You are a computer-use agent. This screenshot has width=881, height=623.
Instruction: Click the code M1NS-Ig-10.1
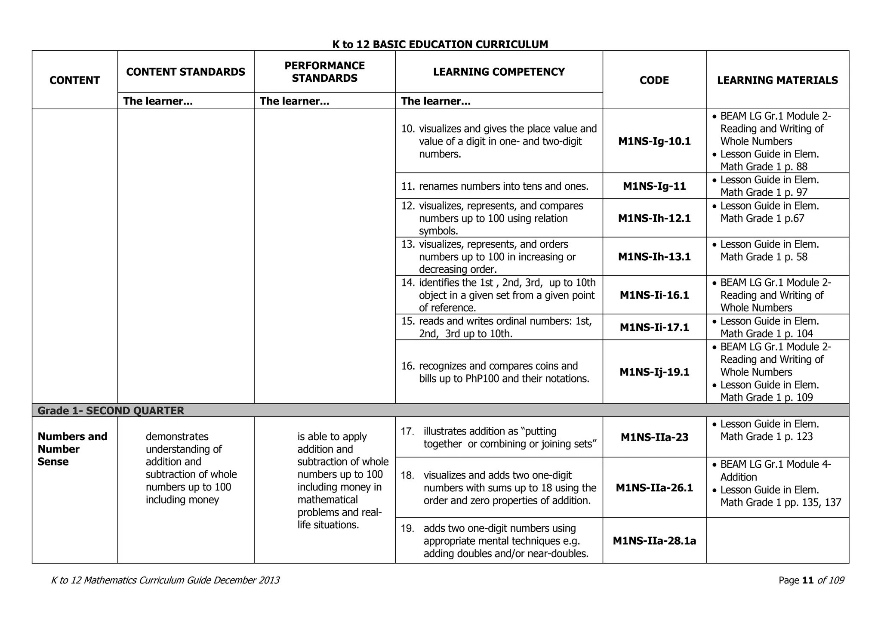tap(654, 141)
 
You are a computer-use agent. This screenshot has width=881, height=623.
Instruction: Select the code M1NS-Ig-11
tap(654, 186)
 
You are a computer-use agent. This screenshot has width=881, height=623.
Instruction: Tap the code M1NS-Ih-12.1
tap(654, 218)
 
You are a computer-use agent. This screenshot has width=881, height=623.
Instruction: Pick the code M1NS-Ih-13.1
tap(654, 257)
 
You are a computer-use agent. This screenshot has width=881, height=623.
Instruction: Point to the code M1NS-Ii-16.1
tap(654, 295)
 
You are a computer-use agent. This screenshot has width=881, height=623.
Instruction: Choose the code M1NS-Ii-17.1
tap(654, 327)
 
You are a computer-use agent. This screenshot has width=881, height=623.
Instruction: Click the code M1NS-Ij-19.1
tap(654, 372)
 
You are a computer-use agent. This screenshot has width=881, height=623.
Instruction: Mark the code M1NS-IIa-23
tap(654, 438)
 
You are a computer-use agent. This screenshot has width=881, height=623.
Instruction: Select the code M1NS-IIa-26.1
tap(654, 488)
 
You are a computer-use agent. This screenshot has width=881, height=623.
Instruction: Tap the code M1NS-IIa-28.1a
tap(654, 541)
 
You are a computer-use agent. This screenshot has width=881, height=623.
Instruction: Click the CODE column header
tap(654, 80)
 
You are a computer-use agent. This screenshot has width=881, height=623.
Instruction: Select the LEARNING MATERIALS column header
tap(777, 80)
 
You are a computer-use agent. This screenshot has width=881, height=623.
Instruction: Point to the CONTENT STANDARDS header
tap(186, 72)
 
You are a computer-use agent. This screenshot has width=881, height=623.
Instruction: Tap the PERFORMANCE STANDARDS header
tap(324, 72)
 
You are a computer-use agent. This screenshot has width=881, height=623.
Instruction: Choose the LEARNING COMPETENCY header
tap(499, 72)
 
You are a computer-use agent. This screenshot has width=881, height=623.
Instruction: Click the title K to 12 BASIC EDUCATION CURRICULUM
tap(440, 44)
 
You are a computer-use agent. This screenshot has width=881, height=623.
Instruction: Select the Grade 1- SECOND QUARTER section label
tap(111, 411)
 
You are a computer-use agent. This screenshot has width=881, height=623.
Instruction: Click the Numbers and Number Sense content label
tap(72, 449)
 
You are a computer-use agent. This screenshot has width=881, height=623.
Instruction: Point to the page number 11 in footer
tap(808, 580)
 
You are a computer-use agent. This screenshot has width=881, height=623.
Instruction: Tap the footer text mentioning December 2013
tap(165, 580)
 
